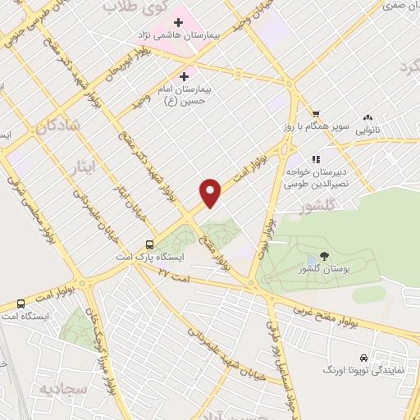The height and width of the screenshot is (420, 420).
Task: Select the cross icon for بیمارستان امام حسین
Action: pyautogui.click(x=194, y=76)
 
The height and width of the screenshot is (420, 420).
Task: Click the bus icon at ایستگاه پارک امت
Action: pyautogui.click(x=149, y=244)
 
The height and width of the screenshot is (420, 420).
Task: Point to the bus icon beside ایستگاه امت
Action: pyautogui.click(x=21, y=304)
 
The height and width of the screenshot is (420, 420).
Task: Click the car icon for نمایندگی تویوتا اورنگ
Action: pyautogui.click(x=363, y=358)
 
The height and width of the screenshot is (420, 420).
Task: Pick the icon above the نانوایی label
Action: pyautogui.click(x=367, y=117)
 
